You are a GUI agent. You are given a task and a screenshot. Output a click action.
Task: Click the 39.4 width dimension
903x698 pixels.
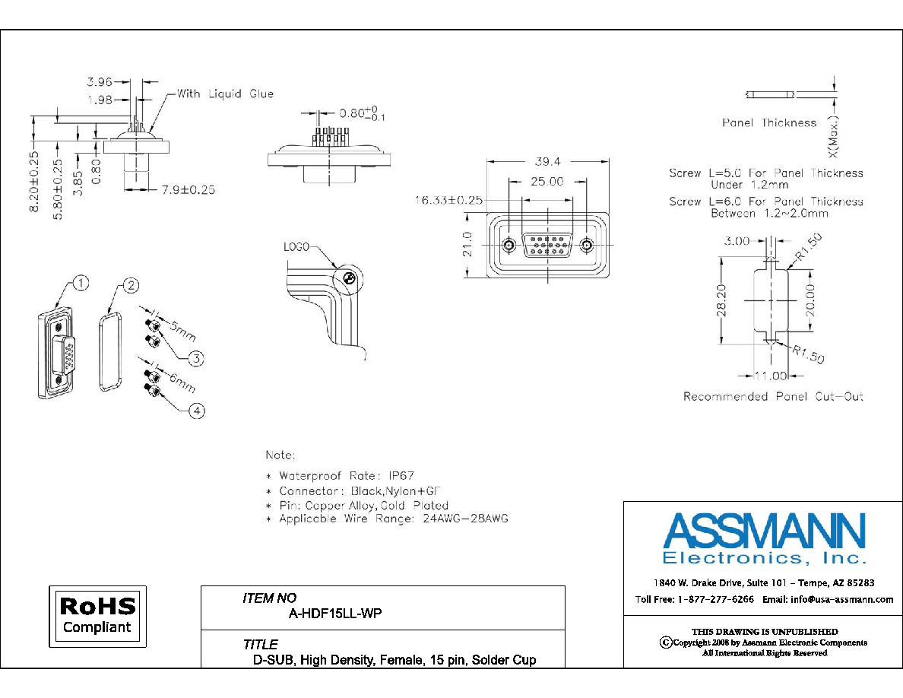pyautogui.click(x=547, y=162)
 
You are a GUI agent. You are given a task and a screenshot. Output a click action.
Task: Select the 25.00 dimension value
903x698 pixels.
pyautogui.click(x=547, y=182)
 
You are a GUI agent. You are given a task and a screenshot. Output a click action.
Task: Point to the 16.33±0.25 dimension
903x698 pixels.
pyautogui.click(x=448, y=201)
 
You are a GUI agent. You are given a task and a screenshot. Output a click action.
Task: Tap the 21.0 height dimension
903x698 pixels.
pyautogui.click(x=467, y=244)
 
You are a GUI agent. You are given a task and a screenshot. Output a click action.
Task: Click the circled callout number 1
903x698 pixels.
pyautogui.click(x=81, y=284)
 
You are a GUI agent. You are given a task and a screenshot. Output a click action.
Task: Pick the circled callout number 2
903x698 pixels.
pyautogui.click(x=131, y=286)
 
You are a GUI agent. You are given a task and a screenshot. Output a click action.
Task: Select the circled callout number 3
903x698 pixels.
pyautogui.click(x=196, y=359)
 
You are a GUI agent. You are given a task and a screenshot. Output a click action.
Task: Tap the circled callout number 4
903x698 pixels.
pyautogui.click(x=197, y=411)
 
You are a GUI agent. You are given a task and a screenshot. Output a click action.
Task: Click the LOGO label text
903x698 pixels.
pyautogui.click(x=296, y=247)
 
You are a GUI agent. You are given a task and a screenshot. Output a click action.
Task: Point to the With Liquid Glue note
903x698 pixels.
pyautogui.click(x=225, y=94)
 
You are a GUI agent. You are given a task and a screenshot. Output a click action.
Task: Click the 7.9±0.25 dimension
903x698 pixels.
pyautogui.click(x=189, y=189)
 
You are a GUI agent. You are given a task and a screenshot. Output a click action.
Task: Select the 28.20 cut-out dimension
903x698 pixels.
pyautogui.click(x=721, y=300)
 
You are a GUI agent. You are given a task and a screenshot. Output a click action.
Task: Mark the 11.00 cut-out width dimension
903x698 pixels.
pyautogui.click(x=771, y=376)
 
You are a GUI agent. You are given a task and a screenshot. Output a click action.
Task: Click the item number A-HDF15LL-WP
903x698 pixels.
pyautogui.click(x=335, y=614)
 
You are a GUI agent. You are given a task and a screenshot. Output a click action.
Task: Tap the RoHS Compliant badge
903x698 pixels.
pyautogui.click(x=97, y=616)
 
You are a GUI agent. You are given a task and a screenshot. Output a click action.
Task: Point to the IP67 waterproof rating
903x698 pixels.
pyautogui.click(x=401, y=476)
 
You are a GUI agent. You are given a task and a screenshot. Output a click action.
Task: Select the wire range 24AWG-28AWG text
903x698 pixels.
pyautogui.click(x=465, y=519)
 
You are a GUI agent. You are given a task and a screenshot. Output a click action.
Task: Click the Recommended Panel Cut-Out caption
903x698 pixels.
pyautogui.click(x=774, y=396)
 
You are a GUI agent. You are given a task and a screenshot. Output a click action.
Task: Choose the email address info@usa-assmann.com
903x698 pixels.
pyautogui.click(x=842, y=599)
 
